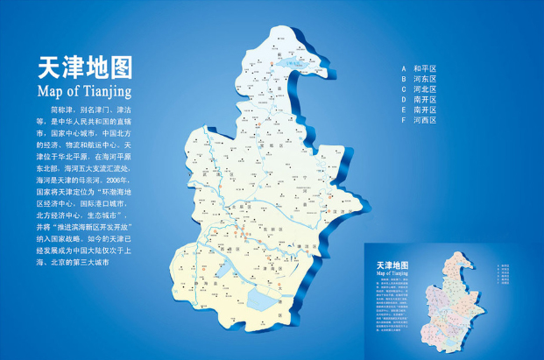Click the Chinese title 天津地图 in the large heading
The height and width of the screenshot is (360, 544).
coord(85,69)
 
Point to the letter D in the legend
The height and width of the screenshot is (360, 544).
coord(404,100)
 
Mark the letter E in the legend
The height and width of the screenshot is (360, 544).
coord(404,110)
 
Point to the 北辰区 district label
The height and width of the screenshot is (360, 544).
coord(238,208)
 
